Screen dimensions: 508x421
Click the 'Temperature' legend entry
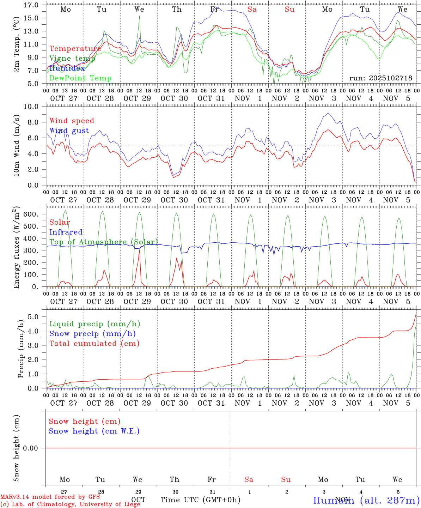(x=75, y=49)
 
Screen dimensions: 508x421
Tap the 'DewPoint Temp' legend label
(x=80, y=78)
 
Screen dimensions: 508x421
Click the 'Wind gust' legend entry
(x=69, y=131)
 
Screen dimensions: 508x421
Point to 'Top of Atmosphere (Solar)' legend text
(x=104, y=242)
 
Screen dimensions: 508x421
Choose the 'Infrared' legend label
(x=66, y=232)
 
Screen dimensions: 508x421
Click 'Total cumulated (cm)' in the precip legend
(x=94, y=343)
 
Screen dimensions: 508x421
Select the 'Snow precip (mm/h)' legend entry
(x=92, y=333)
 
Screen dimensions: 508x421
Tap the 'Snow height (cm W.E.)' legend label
(x=94, y=431)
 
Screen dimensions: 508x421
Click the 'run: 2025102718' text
(x=380, y=78)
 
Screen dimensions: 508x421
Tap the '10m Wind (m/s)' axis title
(x=17, y=145)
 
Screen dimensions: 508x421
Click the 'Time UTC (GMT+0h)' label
(x=200, y=500)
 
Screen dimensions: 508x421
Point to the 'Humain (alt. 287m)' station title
(x=366, y=500)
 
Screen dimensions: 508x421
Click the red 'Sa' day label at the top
(x=252, y=10)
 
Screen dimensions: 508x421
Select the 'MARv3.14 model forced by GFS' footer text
(x=50, y=497)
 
